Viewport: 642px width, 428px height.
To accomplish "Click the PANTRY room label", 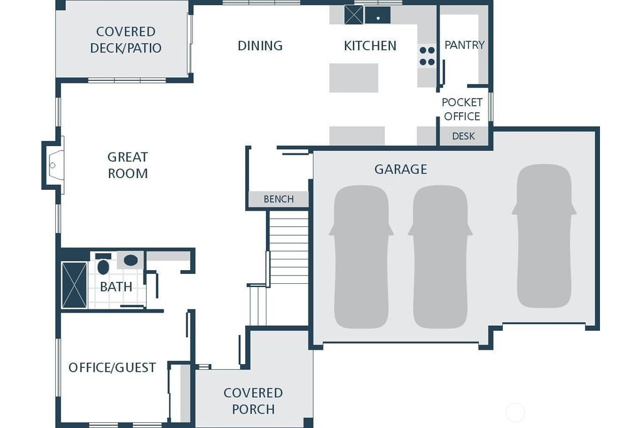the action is click(x=465, y=44).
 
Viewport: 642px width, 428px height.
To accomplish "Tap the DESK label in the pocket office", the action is click(x=463, y=136).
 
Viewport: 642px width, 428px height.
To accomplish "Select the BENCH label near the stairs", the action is click(x=278, y=199).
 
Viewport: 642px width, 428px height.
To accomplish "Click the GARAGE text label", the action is click(x=401, y=169).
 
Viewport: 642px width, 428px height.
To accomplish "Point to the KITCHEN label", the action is click(x=370, y=45).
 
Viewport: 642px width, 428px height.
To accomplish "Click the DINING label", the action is click(x=260, y=45).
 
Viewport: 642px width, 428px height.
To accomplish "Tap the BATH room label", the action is click(x=116, y=286).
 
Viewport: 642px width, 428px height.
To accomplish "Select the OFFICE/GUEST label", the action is click(x=112, y=367).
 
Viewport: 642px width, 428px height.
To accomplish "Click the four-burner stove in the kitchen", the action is click(x=427, y=56).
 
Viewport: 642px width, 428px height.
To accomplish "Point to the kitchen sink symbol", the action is click(x=377, y=16).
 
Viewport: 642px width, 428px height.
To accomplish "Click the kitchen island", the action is click(x=354, y=78).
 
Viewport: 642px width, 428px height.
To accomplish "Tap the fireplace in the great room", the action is click(x=54, y=165).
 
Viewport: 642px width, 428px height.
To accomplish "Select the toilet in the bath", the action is click(x=103, y=264).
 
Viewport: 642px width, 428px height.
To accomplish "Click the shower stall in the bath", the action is click(x=74, y=284).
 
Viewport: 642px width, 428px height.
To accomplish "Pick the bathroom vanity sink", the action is click(x=130, y=260).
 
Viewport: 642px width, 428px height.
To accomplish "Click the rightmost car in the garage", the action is click(x=544, y=236).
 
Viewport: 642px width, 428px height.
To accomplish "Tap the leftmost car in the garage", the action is click(x=361, y=257).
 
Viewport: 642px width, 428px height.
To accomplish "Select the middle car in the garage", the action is click(x=440, y=257).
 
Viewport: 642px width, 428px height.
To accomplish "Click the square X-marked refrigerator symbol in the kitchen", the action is click(x=354, y=15).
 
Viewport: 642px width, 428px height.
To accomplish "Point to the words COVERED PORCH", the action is click(x=253, y=401).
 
